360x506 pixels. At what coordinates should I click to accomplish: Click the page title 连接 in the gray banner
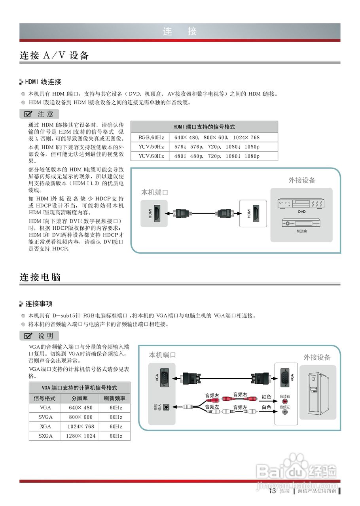pos(180,32)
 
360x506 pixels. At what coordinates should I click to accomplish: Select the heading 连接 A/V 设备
pos(54,56)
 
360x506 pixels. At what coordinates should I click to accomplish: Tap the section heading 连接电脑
pos(40,277)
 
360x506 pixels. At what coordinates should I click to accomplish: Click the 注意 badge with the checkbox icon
pos(39,114)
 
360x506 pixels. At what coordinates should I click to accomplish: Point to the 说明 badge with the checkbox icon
pos(39,336)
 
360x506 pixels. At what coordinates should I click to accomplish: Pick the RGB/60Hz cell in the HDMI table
pos(151,138)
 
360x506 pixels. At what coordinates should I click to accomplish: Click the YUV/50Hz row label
pos(151,147)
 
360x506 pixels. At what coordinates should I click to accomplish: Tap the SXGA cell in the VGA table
pos(45,436)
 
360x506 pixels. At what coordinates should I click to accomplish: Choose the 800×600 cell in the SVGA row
pos(81,417)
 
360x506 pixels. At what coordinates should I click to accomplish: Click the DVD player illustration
pos(301,203)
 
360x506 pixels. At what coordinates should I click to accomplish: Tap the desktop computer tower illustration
pos(317,391)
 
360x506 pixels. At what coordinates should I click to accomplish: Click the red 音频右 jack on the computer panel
pos(285,402)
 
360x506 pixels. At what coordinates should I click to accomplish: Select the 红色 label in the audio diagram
pos(267,396)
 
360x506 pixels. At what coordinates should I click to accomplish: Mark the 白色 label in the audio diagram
pos(267,407)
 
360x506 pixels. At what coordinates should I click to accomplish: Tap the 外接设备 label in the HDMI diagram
pos(301,180)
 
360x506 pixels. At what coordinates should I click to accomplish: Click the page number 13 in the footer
pos(272,491)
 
